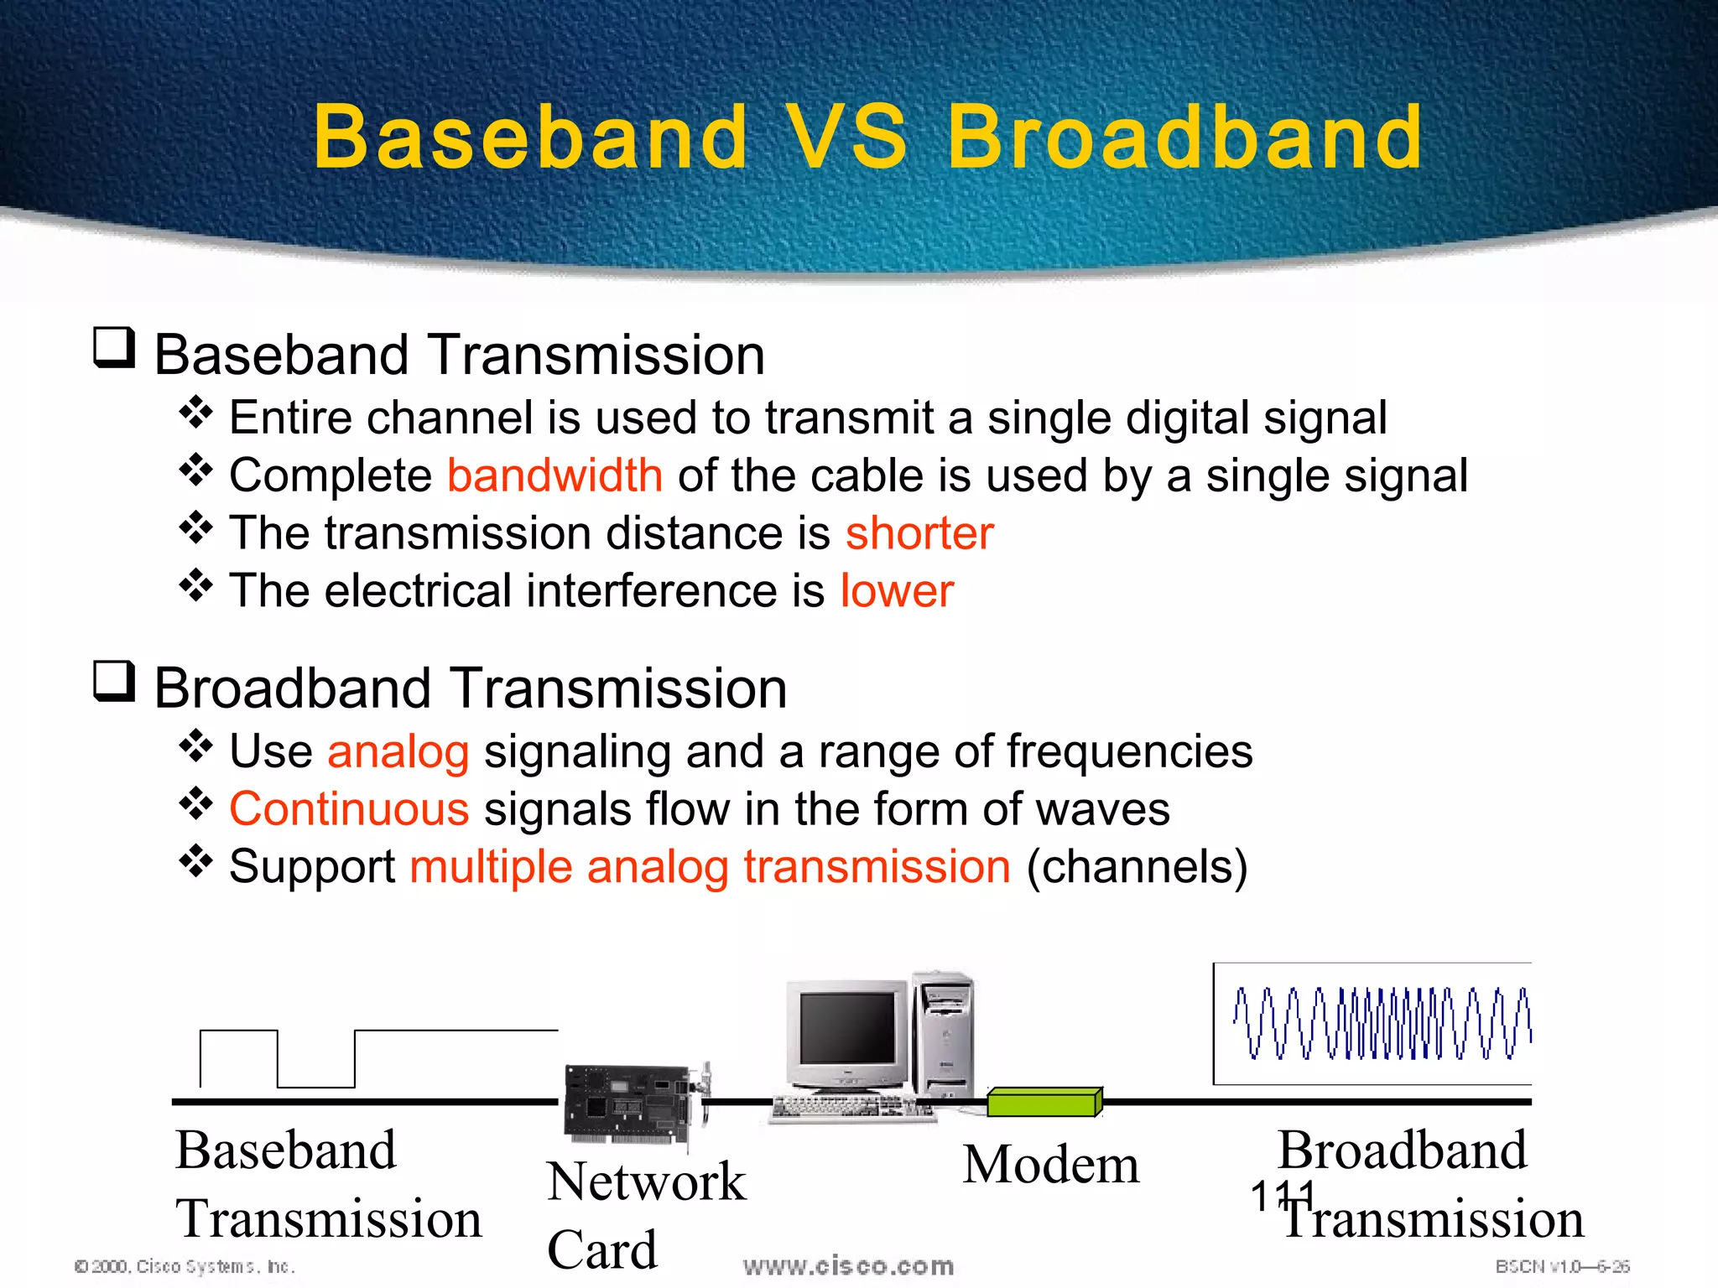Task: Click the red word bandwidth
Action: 554,475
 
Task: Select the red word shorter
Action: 919,533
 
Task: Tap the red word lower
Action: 897,591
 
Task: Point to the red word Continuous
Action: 349,809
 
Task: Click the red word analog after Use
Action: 398,751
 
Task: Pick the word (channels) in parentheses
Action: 1137,866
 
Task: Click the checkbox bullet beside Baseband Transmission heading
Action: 113,347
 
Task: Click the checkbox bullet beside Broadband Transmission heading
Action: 113,681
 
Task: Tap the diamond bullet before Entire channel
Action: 195,412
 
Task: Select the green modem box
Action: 1043,1102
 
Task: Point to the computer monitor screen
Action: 846,1028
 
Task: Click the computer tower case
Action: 944,1036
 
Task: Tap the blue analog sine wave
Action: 1380,1023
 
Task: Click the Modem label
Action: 1050,1165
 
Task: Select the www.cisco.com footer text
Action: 848,1266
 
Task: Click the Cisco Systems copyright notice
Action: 185,1266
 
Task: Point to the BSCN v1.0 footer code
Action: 1562,1266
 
